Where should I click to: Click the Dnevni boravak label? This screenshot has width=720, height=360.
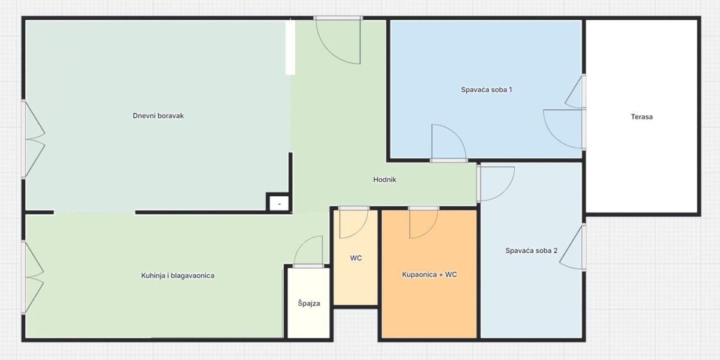(158, 116)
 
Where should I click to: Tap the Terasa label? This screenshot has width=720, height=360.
(641, 116)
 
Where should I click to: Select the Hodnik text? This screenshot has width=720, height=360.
(385, 179)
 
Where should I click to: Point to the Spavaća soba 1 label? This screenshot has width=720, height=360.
(487, 89)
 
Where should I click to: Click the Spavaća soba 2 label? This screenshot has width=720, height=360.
(532, 250)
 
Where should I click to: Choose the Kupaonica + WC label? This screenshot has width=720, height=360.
(429, 275)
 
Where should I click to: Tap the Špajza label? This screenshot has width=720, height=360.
(309, 303)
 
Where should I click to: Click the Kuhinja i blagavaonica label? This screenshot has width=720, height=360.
(178, 275)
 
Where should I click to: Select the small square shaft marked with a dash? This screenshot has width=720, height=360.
(278, 203)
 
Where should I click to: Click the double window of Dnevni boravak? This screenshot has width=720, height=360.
(33, 139)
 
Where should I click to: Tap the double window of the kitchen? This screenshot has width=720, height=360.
(32, 277)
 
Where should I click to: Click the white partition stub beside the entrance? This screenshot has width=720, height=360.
(290, 47)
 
